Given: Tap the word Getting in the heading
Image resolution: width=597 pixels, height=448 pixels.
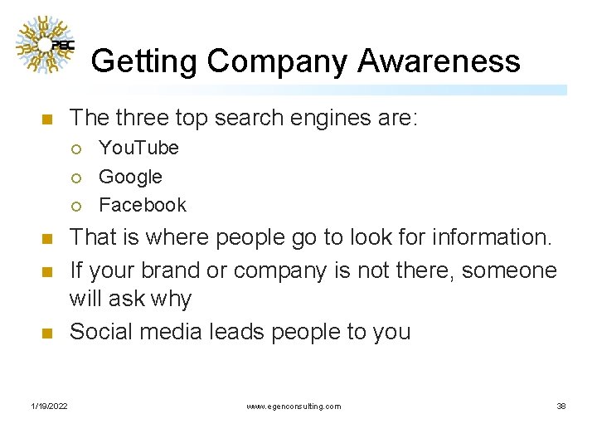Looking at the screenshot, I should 144,62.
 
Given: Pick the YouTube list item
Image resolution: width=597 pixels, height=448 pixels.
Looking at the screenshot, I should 138,148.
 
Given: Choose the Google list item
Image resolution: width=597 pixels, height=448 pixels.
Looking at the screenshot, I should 130,177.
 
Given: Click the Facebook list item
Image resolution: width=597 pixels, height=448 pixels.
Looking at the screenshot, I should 143,205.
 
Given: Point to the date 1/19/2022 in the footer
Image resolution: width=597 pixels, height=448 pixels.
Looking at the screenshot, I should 50,406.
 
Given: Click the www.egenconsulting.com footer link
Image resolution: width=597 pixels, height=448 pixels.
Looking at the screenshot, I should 294,406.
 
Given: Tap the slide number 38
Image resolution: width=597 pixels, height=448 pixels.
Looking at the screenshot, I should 561,406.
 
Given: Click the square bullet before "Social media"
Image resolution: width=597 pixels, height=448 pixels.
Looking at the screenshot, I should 46,334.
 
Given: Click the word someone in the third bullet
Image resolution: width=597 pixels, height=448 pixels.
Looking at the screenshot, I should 509,270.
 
